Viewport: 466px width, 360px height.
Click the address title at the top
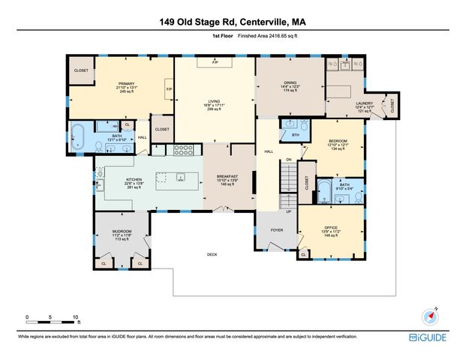[233, 22]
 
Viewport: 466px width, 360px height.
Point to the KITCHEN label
[134, 180]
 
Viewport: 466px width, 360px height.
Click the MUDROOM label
[122, 231]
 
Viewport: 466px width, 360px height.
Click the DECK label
[212, 254]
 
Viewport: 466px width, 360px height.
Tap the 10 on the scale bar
[74, 316]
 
